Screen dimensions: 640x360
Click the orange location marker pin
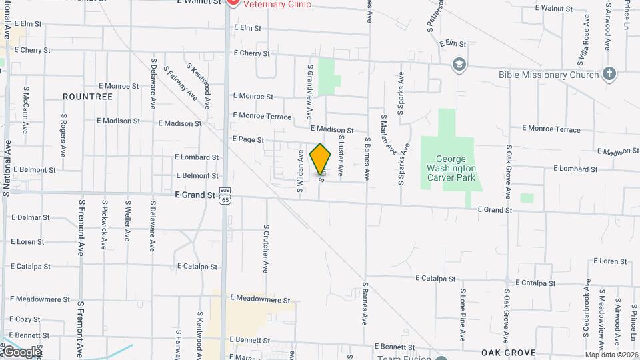(x=320, y=159)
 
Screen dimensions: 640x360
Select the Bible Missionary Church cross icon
(x=609, y=75)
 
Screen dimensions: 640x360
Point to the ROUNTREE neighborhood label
(x=87, y=97)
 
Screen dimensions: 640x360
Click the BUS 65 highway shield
(x=225, y=195)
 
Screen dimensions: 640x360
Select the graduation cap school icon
(x=459, y=65)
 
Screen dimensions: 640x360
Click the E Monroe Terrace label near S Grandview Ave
(x=262, y=117)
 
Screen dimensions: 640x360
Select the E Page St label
(x=248, y=140)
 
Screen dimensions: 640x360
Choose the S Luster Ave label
(x=340, y=155)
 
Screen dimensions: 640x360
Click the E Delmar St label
(x=31, y=217)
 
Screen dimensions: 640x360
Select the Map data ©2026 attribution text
(x=611, y=355)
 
